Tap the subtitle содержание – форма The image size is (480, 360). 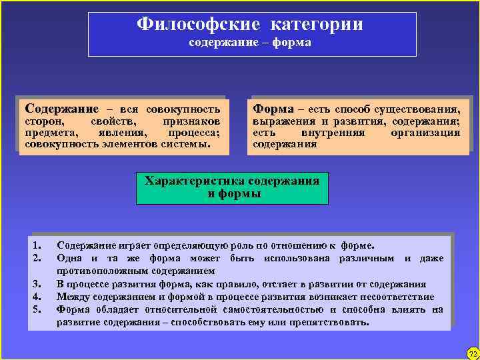pos(249,43)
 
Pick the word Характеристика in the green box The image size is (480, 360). pos(194,181)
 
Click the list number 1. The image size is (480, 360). pos(38,245)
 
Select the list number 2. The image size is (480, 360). pos(38,257)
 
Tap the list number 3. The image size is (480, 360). pos(38,283)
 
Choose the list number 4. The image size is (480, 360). pos(38,297)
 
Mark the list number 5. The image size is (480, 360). pos(38,309)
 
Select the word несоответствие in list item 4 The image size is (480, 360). pos(399,297)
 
